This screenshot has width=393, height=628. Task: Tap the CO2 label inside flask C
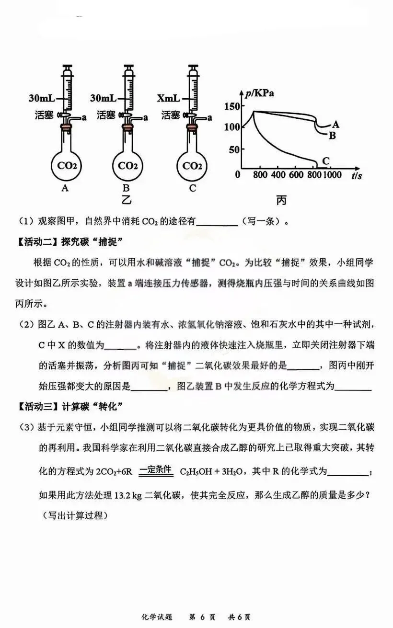pos(192,166)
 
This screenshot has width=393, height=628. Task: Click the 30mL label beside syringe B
pos(103,99)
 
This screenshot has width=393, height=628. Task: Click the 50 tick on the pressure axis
pos(233,149)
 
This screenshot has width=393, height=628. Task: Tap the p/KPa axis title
pos(260,93)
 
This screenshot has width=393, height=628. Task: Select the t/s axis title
pos(357,176)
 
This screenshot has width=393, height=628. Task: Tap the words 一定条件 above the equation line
pos(156,469)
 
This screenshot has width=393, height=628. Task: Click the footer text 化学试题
pos(157,617)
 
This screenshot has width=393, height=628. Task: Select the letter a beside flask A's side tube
pos(83,117)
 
